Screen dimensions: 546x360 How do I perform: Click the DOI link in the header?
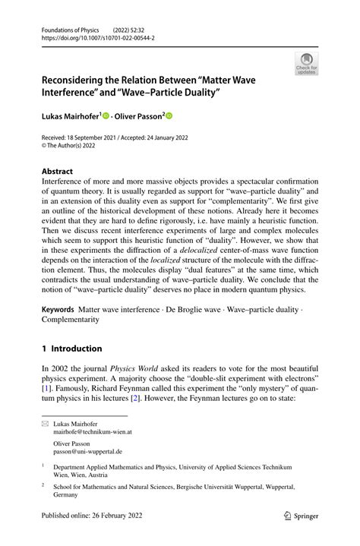pyautogui.click(x=87, y=36)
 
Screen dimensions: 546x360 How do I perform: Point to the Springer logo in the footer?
pyautogui.click(x=299, y=515)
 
